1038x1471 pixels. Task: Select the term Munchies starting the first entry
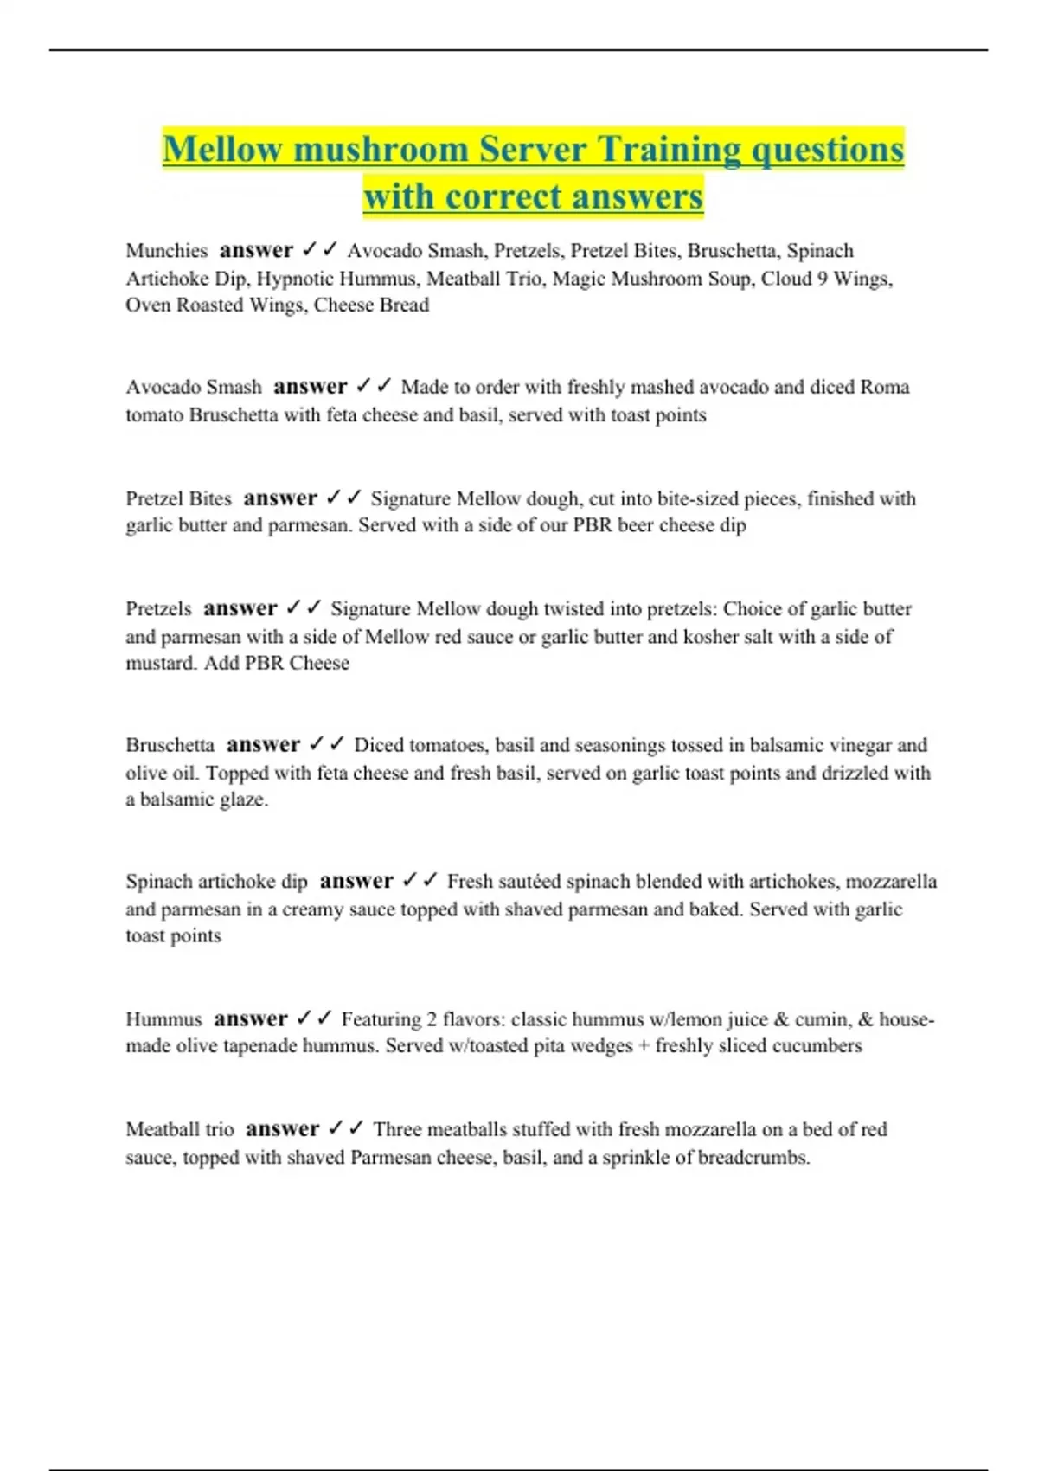pos(167,251)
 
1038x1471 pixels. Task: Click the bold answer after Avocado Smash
pos(310,387)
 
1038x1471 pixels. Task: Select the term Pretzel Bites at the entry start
pos(179,498)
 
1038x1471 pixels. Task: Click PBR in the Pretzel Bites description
pos(591,525)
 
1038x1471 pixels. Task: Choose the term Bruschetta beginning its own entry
pos(170,745)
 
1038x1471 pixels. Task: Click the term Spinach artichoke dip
pos(216,882)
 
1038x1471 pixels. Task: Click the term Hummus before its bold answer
pos(163,1019)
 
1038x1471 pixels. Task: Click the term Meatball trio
pos(180,1129)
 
